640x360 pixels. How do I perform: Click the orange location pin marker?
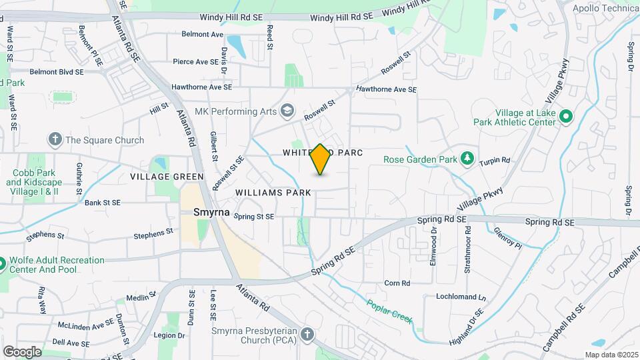point(321,159)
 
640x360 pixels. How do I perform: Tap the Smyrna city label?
point(211,213)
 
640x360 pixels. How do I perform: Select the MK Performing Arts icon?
point(288,111)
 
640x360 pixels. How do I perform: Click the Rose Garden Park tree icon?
point(468,159)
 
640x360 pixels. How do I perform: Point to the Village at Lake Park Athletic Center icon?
point(566,117)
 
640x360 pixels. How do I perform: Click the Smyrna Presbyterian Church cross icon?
point(307,334)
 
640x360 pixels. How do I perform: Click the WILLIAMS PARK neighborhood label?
point(273,193)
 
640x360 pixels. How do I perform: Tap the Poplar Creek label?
point(389,311)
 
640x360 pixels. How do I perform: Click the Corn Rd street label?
point(397,283)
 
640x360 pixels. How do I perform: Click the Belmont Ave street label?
point(203,34)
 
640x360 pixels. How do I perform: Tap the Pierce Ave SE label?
point(195,62)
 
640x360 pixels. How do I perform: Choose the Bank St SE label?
point(102,203)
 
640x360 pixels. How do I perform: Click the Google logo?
point(22,351)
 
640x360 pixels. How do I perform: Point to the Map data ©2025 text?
point(611,355)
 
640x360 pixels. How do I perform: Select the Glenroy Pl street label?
point(509,239)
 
